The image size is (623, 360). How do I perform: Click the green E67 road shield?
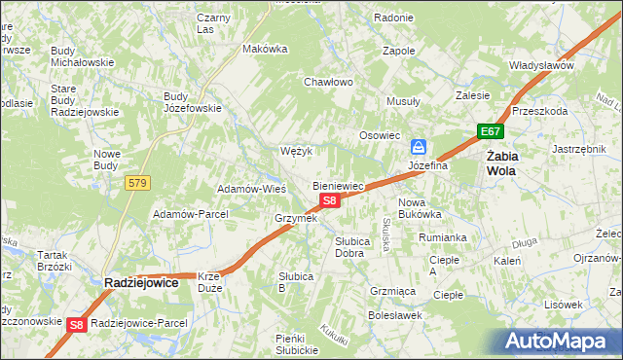pos(490,131)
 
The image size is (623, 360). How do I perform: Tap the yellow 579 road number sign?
pos(136,182)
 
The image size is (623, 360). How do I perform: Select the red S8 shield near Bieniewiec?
pos(330,200)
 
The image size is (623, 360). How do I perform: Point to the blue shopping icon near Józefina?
pos(419,147)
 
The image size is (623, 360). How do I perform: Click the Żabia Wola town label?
pos(502,162)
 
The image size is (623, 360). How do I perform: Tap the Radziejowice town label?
pos(141,282)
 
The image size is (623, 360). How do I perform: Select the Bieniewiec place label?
pos(338,185)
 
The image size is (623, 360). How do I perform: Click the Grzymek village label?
pos(297,218)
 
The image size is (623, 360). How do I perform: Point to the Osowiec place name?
pos(381,135)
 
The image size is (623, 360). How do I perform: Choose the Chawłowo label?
pos(328,82)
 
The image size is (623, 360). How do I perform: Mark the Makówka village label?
pos(266,49)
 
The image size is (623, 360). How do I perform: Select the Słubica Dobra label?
pos(349,247)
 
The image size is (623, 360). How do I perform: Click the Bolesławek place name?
pos(393,315)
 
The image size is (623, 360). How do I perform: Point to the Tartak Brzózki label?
pos(55,261)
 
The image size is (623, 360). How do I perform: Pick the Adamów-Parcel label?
pos(190,213)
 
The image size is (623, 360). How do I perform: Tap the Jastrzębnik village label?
pos(579,149)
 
